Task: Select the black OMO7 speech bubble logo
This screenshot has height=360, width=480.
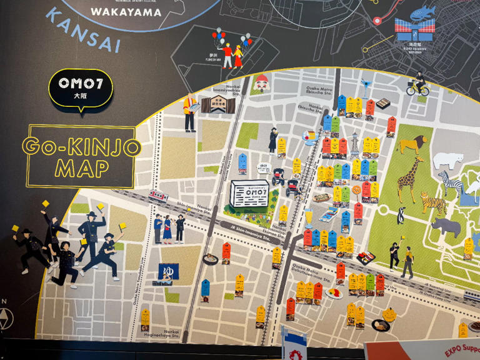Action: coord(80,88)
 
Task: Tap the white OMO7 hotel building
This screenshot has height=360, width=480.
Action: coord(249,193)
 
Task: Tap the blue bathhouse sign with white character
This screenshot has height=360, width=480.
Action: coord(169,271)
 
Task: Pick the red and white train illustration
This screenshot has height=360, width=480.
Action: coord(158,196)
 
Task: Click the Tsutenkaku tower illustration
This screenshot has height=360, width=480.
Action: coord(355,143)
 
